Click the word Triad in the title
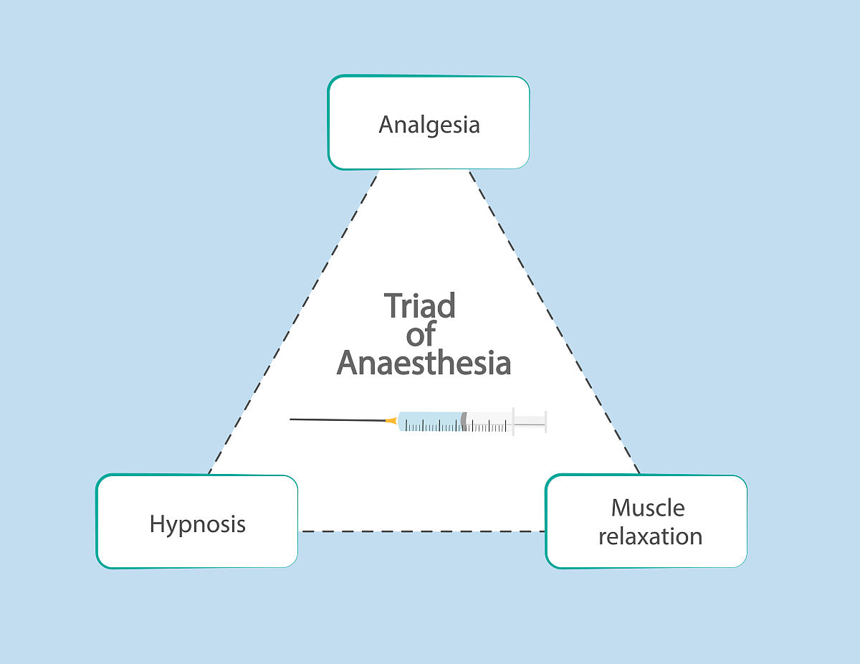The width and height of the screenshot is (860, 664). click(x=420, y=306)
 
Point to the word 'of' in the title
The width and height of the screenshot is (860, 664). click(x=421, y=335)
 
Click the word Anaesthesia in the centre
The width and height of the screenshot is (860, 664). click(x=424, y=364)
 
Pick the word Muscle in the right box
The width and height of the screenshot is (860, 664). click(x=648, y=508)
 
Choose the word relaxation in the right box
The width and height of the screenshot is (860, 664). click(x=650, y=536)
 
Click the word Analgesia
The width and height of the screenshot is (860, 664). click(x=429, y=125)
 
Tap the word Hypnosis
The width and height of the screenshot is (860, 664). click(x=197, y=523)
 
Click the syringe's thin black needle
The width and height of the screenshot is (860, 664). click(x=337, y=419)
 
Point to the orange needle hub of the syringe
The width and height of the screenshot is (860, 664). click(x=391, y=421)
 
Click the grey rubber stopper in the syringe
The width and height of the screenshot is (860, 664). click(x=464, y=422)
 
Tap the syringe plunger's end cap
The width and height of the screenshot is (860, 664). click(x=545, y=422)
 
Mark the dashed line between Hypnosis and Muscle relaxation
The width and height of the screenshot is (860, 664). click(x=421, y=531)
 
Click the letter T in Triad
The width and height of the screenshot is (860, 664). click(x=393, y=306)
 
